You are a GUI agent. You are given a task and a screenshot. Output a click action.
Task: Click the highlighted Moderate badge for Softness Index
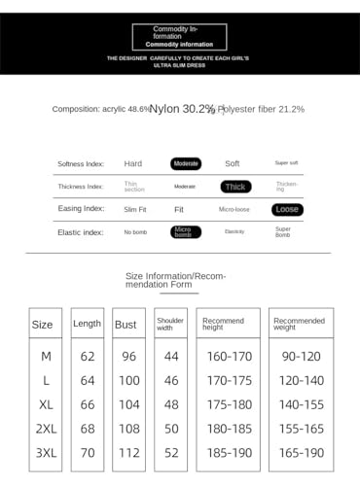coord(186,163)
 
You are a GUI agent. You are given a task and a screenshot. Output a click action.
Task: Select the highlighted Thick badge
coord(235,187)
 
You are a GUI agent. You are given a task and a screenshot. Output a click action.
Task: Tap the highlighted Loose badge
coord(287,209)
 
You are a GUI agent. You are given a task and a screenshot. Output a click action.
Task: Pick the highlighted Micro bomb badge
coord(185,232)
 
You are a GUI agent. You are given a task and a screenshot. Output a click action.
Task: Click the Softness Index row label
coord(81,163)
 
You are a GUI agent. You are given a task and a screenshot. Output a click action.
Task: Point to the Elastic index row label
coord(81,232)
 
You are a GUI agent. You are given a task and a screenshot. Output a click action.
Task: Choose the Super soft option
coord(287,163)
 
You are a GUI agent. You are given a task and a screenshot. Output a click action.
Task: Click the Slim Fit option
coord(135,209)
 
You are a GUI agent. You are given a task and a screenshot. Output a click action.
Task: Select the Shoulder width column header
coord(170,323)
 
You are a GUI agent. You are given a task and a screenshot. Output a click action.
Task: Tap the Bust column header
coord(126,324)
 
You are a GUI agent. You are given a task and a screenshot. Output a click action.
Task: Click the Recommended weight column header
coord(299,323)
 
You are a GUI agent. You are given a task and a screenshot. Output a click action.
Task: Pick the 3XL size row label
coord(45,452)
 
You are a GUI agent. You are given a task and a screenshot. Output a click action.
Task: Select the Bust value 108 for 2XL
coord(128,428)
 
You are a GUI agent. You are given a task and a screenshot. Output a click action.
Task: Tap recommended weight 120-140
coord(301,380)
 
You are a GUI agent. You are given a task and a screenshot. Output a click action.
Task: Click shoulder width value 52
coord(171,452)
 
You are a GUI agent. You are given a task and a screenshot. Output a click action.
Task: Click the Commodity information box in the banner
coord(179,37)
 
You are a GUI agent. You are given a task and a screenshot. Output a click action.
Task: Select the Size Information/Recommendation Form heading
coord(176,281)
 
